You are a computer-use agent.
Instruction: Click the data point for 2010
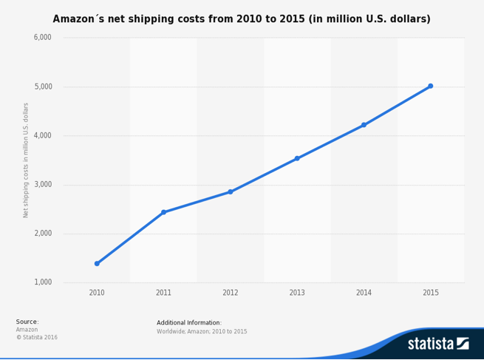pos(97,263)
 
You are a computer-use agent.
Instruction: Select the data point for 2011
pos(163,212)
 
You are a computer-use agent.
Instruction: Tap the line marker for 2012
pos(231,191)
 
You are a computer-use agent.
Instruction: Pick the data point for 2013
pos(297,158)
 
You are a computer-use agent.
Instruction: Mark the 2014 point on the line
pos(364,125)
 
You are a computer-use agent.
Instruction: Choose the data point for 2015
pos(431,86)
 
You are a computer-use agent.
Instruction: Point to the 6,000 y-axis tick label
pos(43,38)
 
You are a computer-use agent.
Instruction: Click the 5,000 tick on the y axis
pos(43,86)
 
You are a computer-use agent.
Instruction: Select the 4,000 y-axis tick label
pos(43,135)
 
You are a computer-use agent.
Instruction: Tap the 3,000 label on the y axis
pos(43,184)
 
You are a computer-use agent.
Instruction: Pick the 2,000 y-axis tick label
pos(43,234)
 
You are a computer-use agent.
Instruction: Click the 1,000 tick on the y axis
pos(43,282)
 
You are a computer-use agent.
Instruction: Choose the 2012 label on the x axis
pos(231,293)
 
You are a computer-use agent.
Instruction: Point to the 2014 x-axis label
pos(364,293)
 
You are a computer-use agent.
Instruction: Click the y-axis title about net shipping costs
pos(26,160)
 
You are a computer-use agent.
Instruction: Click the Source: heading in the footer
pos(27,322)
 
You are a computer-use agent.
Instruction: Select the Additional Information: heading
pos(189,322)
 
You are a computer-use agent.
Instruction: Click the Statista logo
pos(438,344)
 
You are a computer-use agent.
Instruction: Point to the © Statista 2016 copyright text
pos(37,338)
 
